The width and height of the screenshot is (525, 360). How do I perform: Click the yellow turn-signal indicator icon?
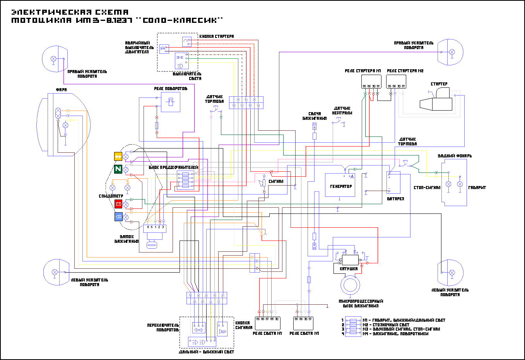pyautogui.click(x=118, y=156)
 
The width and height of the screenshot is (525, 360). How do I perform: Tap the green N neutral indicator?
pyautogui.click(x=118, y=169)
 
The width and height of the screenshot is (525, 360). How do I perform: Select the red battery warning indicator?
pyautogui.click(x=118, y=204)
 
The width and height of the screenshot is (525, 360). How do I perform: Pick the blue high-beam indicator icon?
pyautogui.click(x=118, y=217)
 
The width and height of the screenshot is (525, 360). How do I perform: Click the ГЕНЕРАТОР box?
pyautogui.click(x=340, y=185)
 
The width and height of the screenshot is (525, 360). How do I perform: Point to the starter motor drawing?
pyautogui.click(x=436, y=100)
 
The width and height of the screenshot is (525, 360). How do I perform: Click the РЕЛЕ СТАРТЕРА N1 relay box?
pyautogui.click(x=371, y=81)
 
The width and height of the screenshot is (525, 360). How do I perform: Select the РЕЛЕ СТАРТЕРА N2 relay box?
pyautogui.click(x=396, y=81)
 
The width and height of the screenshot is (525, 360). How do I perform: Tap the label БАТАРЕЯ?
pyautogui.click(x=395, y=199)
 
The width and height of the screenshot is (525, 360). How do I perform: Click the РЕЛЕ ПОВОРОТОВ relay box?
pyautogui.click(x=170, y=102)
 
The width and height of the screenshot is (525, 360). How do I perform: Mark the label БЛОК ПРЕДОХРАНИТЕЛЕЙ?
pyautogui.click(x=173, y=167)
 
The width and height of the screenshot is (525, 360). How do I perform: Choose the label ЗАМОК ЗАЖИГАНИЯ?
pyautogui.click(x=127, y=239)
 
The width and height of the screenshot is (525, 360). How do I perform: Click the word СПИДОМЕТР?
pyautogui.click(x=111, y=196)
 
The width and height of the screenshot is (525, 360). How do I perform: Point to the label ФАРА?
pyautogui.click(x=61, y=90)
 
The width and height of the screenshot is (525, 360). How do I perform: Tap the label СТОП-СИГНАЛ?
pyautogui.click(x=427, y=188)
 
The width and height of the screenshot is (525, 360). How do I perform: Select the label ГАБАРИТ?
pyautogui.click(x=477, y=188)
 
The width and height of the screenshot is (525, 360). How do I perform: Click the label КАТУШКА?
pyautogui.click(x=349, y=268)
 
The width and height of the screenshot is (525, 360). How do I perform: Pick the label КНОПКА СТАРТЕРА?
pyautogui.click(x=216, y=36)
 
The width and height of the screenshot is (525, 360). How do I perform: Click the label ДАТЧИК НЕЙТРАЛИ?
pyautogui.click(x=342, y=111)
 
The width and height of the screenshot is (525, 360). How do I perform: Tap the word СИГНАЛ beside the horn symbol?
pyautogui.click(x=276, y=181)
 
